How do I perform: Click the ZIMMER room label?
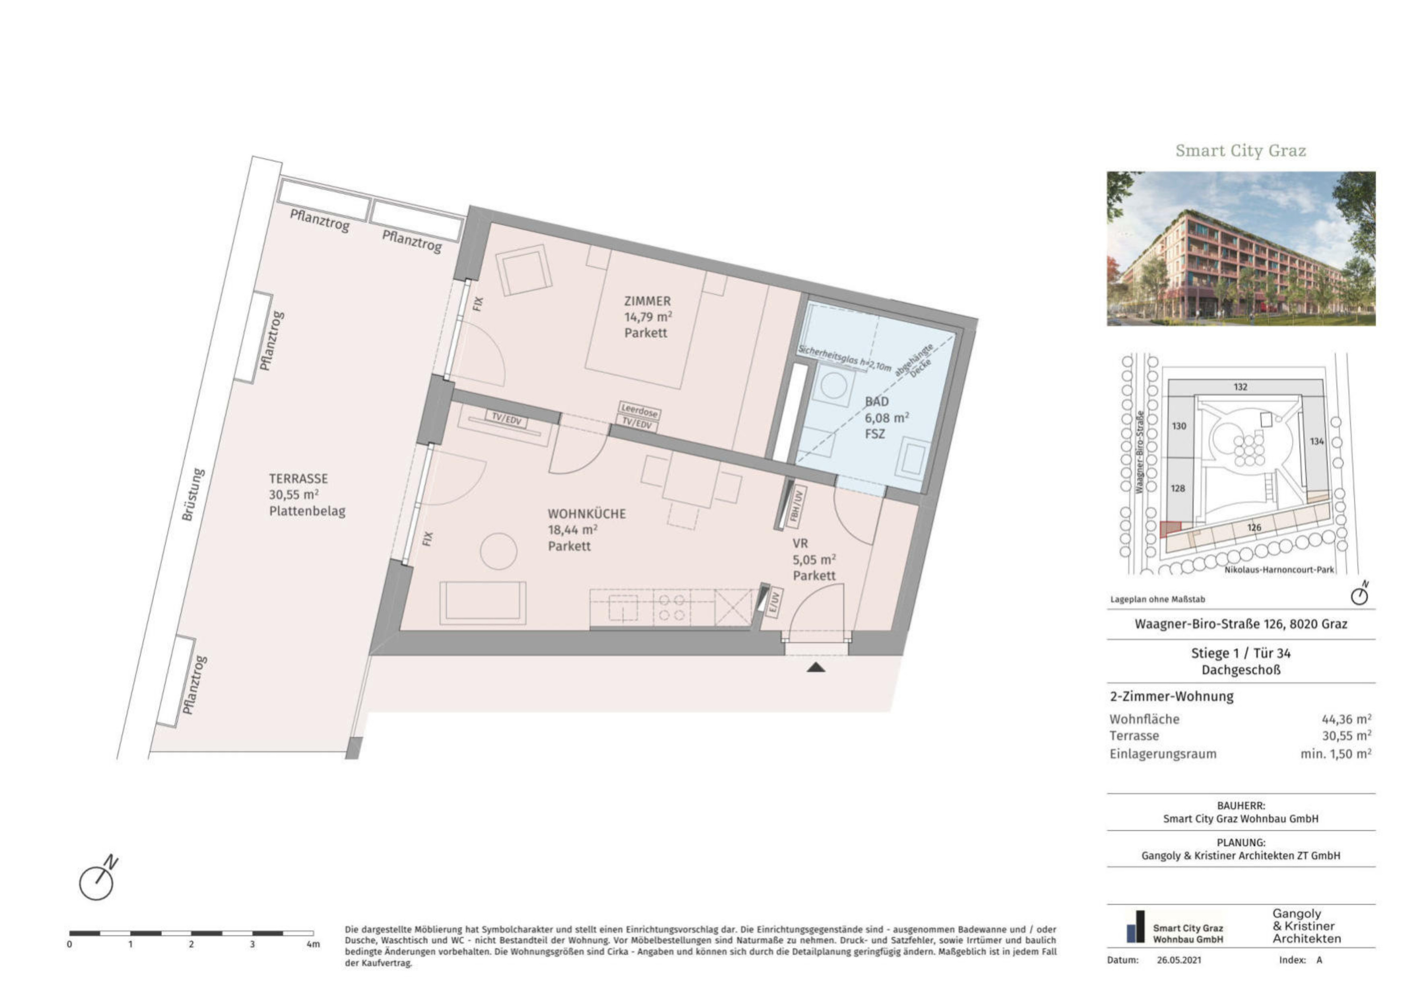(x=647, y=301)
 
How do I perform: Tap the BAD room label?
(x=877, y=401)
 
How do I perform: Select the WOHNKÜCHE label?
(x=587, y=514)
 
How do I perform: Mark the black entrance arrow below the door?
(x=816, y=667)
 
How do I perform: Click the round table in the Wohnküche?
(x=498, y=551)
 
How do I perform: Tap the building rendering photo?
(x=1241, y=248)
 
